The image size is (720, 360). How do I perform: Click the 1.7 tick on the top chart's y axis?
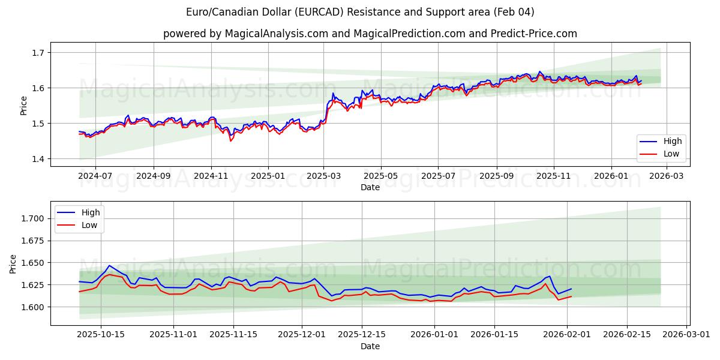coord(38,53)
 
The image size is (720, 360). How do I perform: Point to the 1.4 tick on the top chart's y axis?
coord(38,159)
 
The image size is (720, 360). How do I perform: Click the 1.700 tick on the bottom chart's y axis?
coord(33,218)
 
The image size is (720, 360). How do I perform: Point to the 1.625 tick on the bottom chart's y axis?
coord(33,285)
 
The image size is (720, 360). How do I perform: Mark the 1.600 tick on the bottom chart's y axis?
coord(33,307)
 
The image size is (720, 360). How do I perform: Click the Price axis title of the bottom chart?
coord(14,263)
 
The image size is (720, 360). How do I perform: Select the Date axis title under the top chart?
coord(370,188)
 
